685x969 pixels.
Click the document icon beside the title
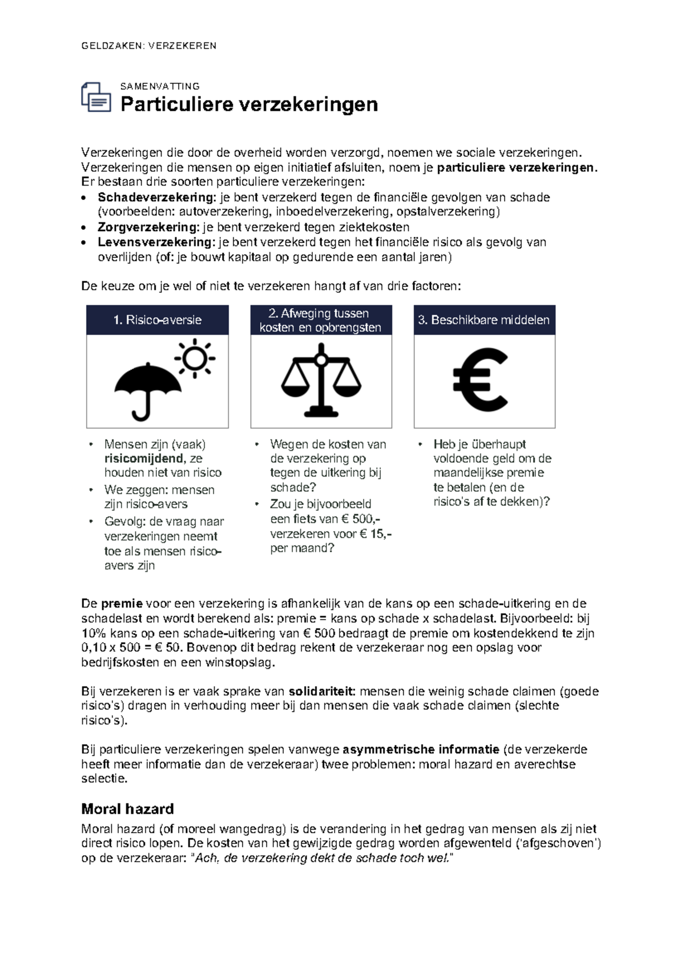(x=96, y=97)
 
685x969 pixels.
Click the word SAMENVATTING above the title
(x=160, y=86)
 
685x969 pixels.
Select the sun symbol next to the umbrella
(x=195, y=358)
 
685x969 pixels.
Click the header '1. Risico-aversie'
(x=157, y=320)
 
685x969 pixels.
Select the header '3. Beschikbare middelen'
(x=484, y=320)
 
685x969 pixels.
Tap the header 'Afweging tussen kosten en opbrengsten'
(x=320, y=320)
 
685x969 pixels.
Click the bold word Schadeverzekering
(x=155, y=197)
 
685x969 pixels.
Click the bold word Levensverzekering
(x=155, y=242)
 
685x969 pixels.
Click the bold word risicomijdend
(x=144, y=458)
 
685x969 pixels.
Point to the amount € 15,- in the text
(x=376, y=534)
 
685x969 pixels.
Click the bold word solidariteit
(x=322, y=692)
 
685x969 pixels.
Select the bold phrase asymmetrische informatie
(x=420, y=749)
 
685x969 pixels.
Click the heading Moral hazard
(x=127, y=809)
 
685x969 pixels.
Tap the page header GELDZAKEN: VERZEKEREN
(x=149, y=46)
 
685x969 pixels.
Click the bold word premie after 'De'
(x=122, y=604)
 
